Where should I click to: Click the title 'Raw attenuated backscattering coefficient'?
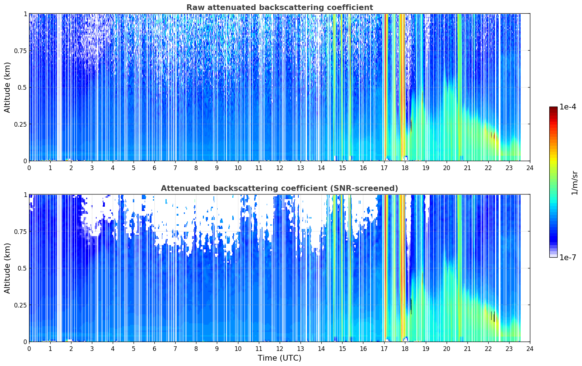pos(280,7)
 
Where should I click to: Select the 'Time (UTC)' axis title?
pos(280,358)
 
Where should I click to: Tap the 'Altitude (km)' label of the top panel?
pos(7,87)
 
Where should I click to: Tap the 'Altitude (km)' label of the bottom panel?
pos(7,268)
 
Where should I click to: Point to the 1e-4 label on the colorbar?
pos(568,107)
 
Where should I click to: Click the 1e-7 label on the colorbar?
pos(568,258)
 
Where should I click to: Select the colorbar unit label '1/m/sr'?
pos(574,183)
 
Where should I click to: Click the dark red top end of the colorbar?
pos(553,108)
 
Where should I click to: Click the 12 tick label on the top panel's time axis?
pos(280,168)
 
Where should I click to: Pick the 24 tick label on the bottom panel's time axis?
pos(530,349)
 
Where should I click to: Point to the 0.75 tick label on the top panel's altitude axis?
pos(20,51)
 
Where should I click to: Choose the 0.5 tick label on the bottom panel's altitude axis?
pos(22,268)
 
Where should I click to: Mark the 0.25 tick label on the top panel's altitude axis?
pos(20,124)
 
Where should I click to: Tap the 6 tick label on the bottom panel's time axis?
pos(154,349)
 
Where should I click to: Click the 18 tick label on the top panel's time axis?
pos(405,168)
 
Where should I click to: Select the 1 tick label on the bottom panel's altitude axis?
pos(25,195)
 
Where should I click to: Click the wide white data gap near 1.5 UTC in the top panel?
pos(60,87)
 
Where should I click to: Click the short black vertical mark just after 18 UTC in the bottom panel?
pos(411,306)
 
